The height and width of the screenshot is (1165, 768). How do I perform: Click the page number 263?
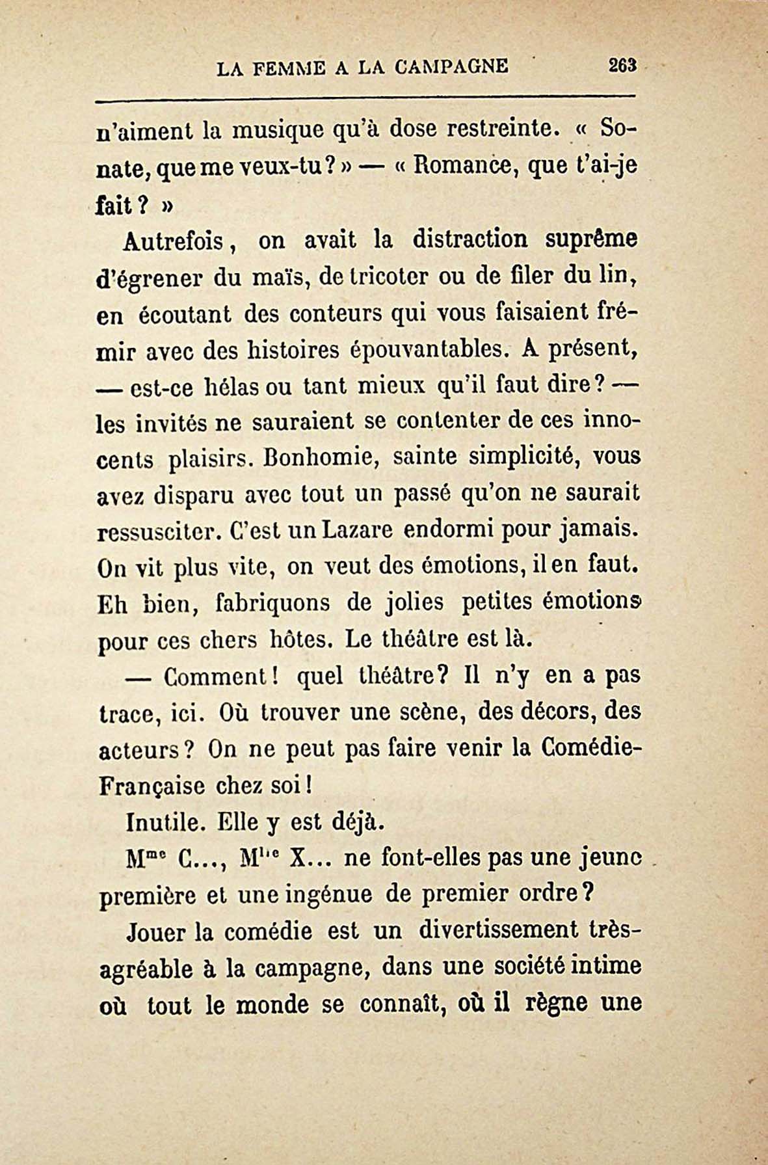[623, 66]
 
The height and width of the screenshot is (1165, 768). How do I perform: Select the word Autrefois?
[175, 242]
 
